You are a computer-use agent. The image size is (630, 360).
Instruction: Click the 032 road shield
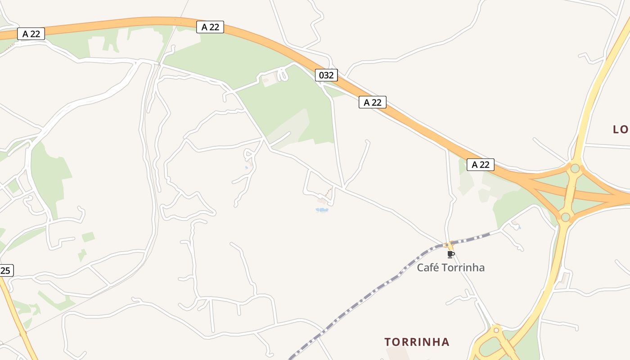(326, 75)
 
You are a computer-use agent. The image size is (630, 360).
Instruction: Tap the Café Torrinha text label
(450, 267)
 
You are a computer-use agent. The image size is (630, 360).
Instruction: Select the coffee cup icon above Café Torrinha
(451, 254)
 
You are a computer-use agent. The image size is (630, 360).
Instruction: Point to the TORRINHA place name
(417, 342)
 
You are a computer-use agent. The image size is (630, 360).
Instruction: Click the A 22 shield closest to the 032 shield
(372, 102)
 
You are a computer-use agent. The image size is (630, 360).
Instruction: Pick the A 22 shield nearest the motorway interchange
(480, 165)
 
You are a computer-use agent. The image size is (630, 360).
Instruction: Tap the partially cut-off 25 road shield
(6, 270)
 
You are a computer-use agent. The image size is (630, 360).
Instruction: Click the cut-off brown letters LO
(621, 130)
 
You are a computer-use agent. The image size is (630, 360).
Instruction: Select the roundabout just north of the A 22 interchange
(575, 168)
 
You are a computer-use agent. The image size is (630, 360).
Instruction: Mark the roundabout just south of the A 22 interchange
(566, 217)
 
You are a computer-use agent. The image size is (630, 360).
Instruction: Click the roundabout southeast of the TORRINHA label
(496, 330)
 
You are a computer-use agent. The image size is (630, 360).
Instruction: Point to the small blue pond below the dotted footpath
(322, 210)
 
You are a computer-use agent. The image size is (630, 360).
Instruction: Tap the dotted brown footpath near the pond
(329, 194)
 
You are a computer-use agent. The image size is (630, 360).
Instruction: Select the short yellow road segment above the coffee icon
(449, 245)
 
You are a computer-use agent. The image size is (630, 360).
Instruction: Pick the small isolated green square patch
(88, 237)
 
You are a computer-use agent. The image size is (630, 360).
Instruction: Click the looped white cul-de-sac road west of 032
(282, 74)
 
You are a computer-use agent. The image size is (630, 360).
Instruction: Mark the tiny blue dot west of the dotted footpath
(246, 168)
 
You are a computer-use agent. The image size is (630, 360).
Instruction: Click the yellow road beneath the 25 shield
(18, 324)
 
